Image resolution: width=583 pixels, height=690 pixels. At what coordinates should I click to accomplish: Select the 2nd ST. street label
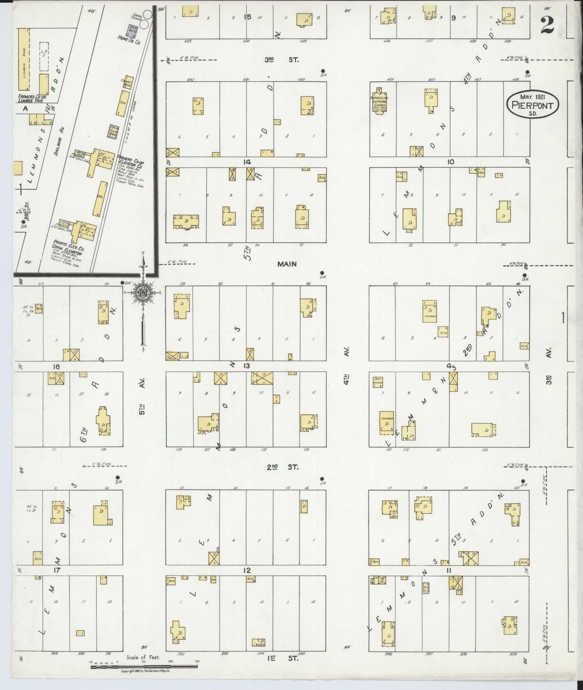tap(283, 467)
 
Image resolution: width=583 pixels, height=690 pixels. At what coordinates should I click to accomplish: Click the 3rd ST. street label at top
tap(282, 60)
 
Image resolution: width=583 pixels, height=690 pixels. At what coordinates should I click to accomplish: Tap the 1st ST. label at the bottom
tap(283, 658)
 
